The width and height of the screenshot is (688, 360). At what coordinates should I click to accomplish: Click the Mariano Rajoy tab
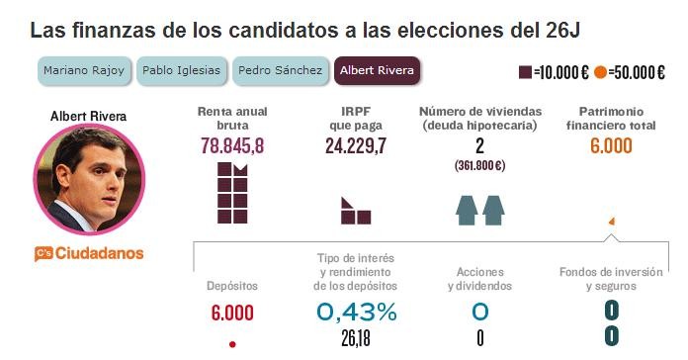84,71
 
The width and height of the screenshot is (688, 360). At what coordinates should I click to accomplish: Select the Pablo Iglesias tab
181,71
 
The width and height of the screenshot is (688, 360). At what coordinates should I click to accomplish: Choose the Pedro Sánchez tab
281,71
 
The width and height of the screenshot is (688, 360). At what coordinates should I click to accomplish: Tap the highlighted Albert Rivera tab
376,71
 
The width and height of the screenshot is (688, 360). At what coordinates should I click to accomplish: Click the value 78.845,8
232,146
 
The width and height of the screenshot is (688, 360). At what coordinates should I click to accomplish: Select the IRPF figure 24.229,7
356,146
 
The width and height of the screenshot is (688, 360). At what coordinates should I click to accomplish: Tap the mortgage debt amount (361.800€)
479,165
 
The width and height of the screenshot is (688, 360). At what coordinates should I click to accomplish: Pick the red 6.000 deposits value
232,314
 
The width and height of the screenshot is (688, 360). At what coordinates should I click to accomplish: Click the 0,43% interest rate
356,313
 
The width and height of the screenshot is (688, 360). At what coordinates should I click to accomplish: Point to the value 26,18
356,338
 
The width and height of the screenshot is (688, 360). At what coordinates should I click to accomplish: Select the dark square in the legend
525,72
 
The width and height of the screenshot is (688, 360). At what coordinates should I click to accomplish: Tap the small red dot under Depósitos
232,344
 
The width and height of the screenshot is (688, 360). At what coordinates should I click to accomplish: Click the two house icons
479,208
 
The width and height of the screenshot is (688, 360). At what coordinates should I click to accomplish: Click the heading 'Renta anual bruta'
232,118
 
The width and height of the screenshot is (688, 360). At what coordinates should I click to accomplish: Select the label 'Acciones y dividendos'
479,278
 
